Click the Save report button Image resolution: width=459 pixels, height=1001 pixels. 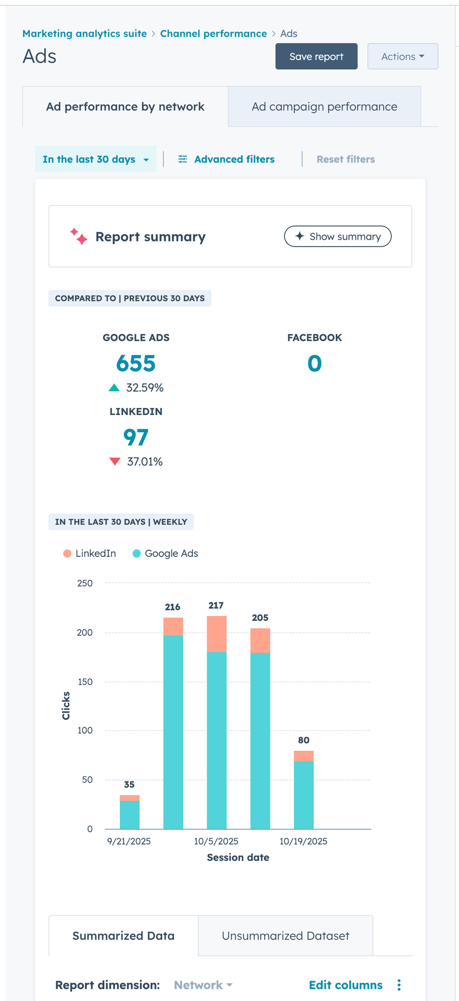point(316,56)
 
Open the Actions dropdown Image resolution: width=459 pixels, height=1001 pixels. point(402,56)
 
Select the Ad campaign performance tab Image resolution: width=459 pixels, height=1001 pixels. point(324,107)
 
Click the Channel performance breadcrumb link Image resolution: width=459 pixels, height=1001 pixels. point(213,33)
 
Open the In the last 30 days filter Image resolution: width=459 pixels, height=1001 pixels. point(95,160)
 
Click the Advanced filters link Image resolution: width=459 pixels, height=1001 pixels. point(227,160)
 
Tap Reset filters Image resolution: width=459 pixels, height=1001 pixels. point(345,160)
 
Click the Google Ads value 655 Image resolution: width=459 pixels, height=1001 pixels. point(136,363)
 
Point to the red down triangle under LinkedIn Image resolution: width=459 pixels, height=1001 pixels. point(115,461)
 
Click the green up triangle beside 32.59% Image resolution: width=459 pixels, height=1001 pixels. point(114,387)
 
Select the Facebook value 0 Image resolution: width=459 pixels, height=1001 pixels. point(314,363)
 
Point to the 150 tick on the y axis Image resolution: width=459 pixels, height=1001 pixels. point(85,681)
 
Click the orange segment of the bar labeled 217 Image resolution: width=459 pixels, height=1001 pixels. point(216,634)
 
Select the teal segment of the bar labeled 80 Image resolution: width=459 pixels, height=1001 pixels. point(304,795)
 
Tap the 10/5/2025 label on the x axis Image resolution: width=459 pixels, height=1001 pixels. point(216,841)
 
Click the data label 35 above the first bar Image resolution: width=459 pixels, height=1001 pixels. point(129,785)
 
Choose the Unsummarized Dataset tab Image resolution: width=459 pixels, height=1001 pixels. point(286,936)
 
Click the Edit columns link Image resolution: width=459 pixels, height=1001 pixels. point(345,985)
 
